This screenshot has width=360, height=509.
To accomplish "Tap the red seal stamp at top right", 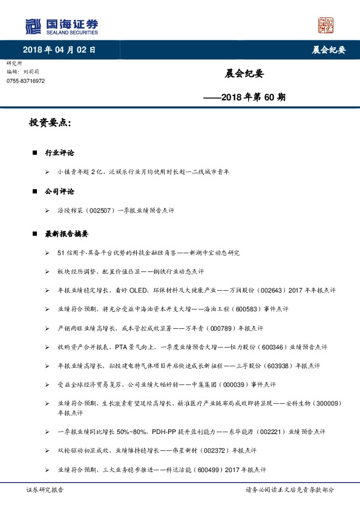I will pyautogui.click(x=326, y=25).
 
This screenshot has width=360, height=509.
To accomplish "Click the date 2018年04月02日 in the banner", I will pyautogui.click(x=59, y=50).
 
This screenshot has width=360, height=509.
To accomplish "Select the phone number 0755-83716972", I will pyautogui.click(x=25, y=80).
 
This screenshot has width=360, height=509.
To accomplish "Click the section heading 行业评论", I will pyautogui.click(x=59, y=153).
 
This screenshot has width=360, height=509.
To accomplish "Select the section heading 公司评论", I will pyautogui.click(x=59, y=191).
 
